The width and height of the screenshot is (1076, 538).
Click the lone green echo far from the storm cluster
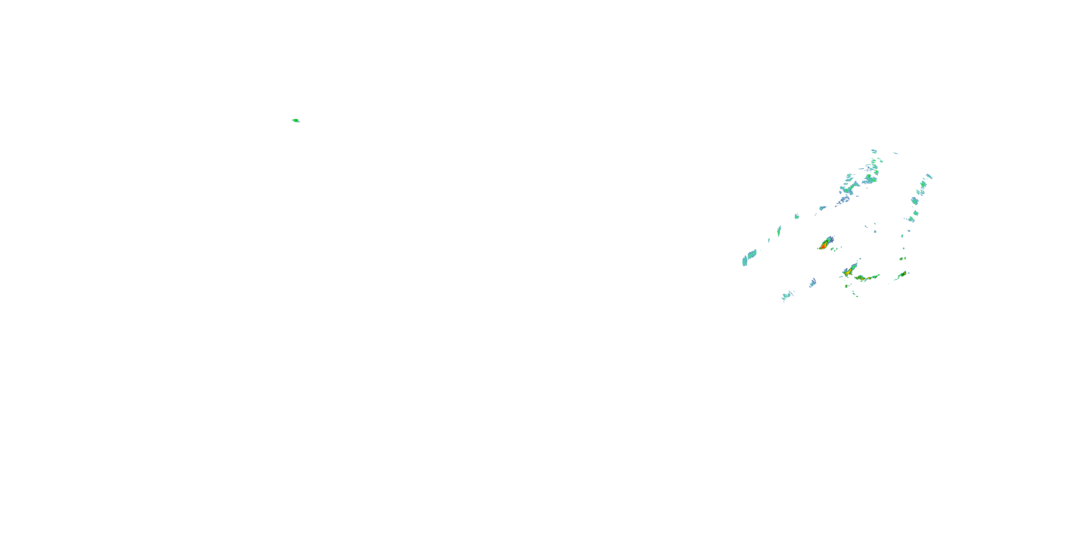point(296,121)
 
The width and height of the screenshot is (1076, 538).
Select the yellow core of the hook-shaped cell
point(848,272)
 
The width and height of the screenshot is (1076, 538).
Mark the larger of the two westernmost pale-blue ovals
point(750,255)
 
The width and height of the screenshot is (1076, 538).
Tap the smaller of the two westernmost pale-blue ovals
point(744,262)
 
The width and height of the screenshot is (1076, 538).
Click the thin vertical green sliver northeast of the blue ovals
point(779,231)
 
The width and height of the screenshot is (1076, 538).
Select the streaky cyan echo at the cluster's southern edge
point(787,296)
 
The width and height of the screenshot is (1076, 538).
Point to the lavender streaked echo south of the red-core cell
point(813,283)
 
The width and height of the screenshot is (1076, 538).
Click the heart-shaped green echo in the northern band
point(870,179)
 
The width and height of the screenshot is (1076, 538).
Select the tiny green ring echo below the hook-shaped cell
point(847,286)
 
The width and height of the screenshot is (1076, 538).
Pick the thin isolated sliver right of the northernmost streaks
point(895,153)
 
